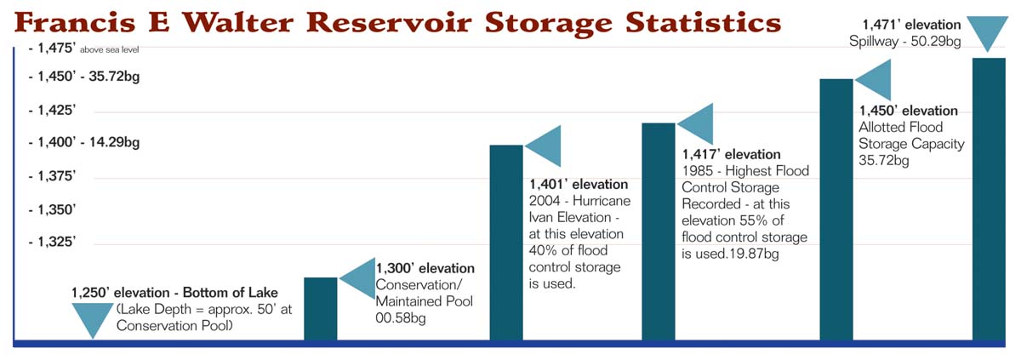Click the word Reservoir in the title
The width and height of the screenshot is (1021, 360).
[x=389, y=22]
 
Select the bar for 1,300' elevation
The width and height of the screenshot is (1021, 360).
[x=321, y=308]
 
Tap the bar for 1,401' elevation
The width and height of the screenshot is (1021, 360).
[x=506, y=243]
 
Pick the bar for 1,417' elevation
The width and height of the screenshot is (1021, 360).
[x=659, y=231]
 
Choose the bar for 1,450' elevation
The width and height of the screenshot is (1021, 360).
[x=836, y=209]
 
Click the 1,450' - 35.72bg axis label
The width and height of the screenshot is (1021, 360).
[x=84, y=76]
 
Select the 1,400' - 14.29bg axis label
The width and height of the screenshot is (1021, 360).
[x=84, y=142]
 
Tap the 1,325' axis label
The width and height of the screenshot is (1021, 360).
[x=52, y=242]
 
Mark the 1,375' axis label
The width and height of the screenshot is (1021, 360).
[x=52, y=176]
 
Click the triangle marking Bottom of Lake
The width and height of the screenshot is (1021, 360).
[x=93, y=318]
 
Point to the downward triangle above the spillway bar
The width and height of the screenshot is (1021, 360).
[x=987, y=31]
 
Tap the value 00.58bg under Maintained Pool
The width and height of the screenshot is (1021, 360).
[x=400, y=317]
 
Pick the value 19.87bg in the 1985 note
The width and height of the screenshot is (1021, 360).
[x=754, y=254]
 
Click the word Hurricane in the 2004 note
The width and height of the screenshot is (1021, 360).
[x=602, y=201]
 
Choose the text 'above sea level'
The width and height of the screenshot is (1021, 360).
[x=110, y=49]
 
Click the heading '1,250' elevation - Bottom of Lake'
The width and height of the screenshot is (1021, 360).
[x=174, y=293]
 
